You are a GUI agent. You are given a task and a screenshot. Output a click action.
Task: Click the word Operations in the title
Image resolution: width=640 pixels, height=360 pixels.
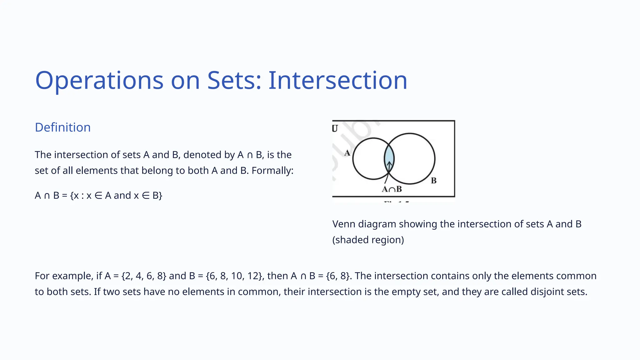pyautogui.click(x=99, y=81)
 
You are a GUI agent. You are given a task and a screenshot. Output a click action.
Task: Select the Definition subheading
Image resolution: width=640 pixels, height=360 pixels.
pyautogui.click(x=62, y=127)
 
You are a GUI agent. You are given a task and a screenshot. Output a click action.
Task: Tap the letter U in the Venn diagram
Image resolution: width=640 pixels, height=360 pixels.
pyautogui.click(x=335, y=128)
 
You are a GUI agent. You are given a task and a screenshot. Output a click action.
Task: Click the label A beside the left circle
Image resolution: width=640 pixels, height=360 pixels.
pyautogui.click(x=347, y=153)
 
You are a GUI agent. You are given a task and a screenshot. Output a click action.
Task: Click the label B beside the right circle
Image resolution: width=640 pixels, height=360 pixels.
pyautogui.click(x=434, y=181)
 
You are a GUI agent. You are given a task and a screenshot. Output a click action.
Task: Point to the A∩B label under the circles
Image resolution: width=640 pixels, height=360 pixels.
pyautogui.click(x=392, y=189)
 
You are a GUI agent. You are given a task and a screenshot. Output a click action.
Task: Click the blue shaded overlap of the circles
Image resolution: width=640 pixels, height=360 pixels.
pyautogui.click(x=389, y=156)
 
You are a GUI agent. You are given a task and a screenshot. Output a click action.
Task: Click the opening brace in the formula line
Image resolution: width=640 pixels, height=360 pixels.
pyautogui.click(x=72, y=196)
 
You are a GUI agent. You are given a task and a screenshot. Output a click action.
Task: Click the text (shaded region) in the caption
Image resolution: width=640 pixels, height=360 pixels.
pyautogui.click(x=368, y=240)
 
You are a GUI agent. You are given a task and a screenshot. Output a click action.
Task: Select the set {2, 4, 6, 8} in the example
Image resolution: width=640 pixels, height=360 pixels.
pyautogui.click(x=144, y=276)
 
